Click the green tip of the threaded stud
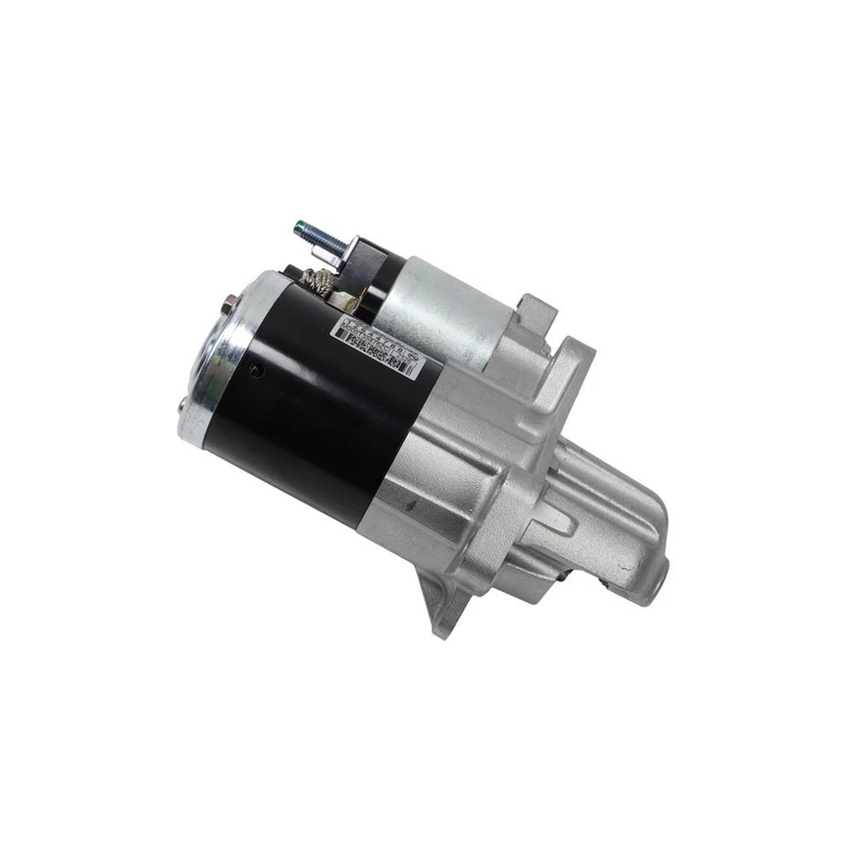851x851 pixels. tap(301, 229)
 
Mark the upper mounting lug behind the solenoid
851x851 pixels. tap(535, 310)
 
